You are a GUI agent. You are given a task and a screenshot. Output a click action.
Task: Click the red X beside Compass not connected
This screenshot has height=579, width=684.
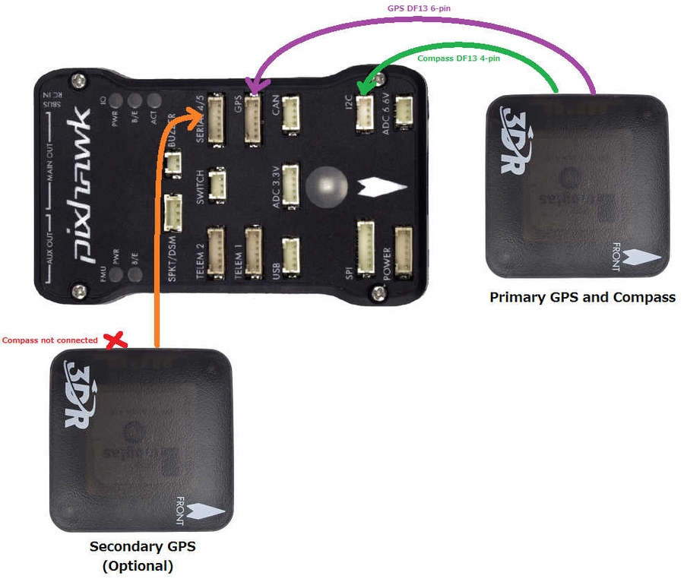click(116, 341)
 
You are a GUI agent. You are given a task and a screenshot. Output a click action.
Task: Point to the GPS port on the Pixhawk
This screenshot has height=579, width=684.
click(253, 119)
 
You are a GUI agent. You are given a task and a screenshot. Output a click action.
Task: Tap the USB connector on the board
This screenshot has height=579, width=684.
click(290, 252)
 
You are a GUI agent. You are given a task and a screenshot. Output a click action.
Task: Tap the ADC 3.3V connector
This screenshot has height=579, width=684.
click(290, 184)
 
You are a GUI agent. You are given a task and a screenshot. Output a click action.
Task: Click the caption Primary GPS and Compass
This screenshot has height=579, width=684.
click(582, 297)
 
